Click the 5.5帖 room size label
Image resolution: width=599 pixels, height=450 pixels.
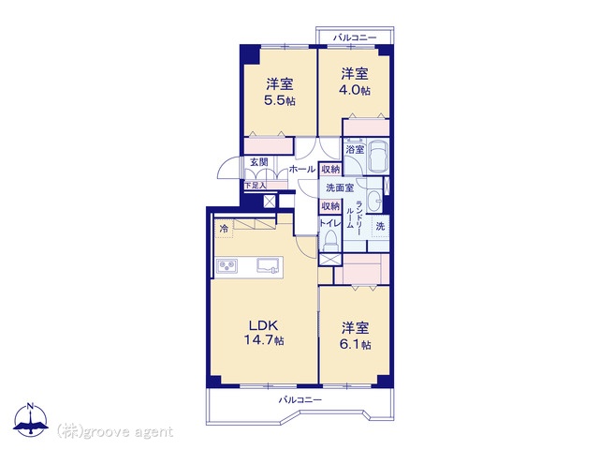[x=280, y=100]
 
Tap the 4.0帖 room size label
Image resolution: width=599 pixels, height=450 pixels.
[x=355, y=90]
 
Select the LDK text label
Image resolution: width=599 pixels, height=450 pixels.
[x=263, y=325]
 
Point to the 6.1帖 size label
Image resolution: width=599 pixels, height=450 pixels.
[x=355, y=344]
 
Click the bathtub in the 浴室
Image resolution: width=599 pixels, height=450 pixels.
[x=378, y=157]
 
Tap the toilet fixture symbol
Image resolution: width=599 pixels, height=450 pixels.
[x=330, y=240]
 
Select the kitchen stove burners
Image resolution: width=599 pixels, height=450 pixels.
[x=226, y=265]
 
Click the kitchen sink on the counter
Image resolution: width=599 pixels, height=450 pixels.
[x=270, y=265]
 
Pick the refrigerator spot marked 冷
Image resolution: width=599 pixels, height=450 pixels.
[x=224, y=229]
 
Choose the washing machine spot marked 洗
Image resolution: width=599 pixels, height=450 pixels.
[x=380, y=227]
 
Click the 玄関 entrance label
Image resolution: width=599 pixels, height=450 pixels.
[x=259, y=162]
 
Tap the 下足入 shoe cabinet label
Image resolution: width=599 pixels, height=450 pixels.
[x=256, y=186]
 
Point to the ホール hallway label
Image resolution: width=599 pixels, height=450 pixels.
[x=302, y=169]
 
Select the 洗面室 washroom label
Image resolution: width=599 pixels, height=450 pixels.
[x=340, y=187]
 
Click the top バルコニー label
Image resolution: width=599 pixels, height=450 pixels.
[x=355, y=37]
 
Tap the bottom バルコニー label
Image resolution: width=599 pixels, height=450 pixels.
[x=299, y=400]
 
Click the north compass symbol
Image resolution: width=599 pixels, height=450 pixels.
[x=31, y=419]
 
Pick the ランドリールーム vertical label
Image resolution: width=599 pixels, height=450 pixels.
[x=354, y=215]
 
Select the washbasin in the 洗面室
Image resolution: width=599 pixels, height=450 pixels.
[x=374, y=201]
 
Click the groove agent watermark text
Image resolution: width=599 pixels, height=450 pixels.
[x=114, y=432]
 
